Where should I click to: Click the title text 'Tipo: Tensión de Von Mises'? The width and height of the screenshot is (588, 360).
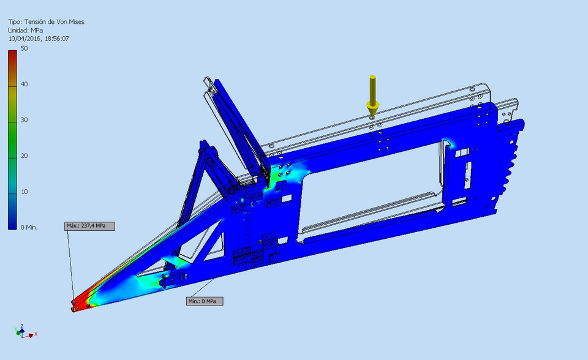click(46, 21)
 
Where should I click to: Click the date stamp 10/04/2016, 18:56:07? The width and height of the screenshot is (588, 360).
click(38, 39)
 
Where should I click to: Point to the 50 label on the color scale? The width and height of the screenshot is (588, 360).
click(23, 48)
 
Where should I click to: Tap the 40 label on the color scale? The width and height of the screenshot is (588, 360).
click(23, 84)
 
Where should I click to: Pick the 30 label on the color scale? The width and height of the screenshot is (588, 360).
click(23, 120)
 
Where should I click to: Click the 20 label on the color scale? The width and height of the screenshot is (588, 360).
click(23, 156)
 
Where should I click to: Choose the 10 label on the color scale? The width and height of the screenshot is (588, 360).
click(23, 192)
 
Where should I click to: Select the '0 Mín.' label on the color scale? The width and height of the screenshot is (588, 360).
click(29, 227)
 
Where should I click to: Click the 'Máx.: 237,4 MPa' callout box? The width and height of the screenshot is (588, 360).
click(89, 226)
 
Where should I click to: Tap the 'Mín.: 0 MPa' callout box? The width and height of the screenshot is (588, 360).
click(205, 301)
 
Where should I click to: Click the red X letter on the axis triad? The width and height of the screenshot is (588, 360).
click(36, 334)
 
